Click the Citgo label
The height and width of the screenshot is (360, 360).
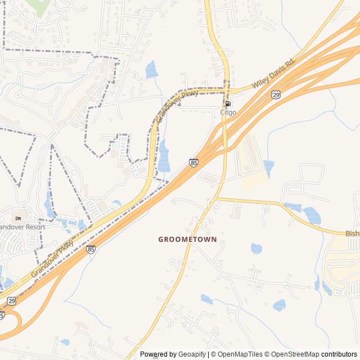228,112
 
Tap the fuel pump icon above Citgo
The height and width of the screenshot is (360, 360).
228,103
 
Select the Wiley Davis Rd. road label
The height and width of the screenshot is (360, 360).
273,73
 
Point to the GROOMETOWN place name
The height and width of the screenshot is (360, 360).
187,239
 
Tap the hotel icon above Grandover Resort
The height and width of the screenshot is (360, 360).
18,218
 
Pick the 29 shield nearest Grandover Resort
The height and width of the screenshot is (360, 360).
12,301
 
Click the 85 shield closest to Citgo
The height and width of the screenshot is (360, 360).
194,163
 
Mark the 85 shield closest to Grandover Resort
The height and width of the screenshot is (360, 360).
91,249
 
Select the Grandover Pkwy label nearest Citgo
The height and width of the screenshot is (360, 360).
177,106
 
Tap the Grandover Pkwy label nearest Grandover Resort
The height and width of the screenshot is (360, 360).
52,258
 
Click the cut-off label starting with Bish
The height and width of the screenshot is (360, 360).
352,233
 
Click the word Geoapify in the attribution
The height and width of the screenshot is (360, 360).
193,354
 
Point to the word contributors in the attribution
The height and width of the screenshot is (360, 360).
339,354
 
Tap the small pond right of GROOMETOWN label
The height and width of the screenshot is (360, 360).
256,248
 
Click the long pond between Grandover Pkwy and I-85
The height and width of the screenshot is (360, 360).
164,156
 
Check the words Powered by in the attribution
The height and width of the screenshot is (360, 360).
159,354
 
